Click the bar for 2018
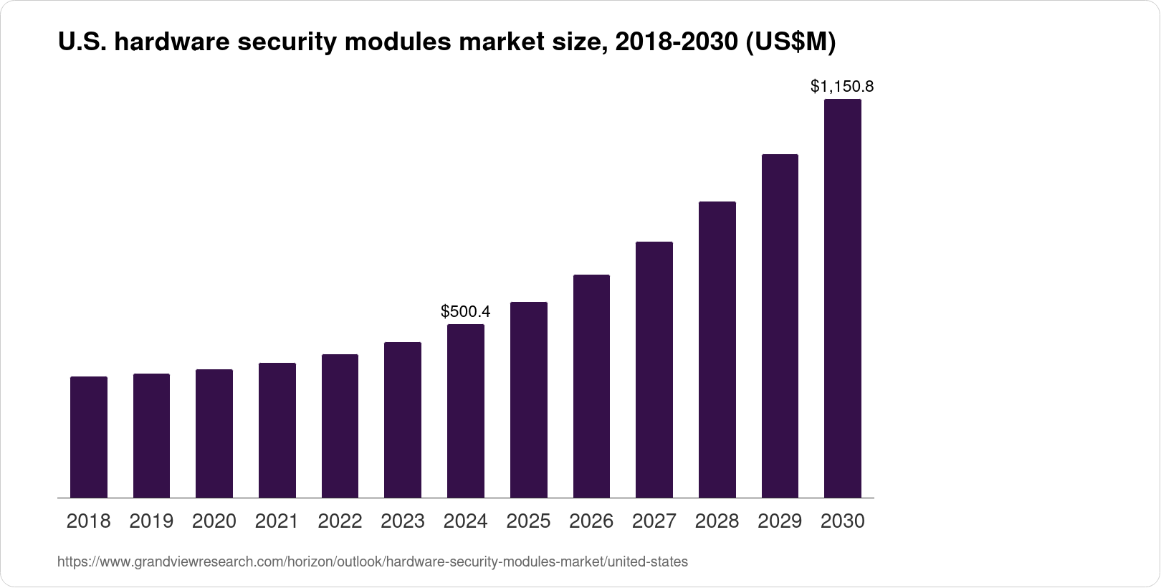(89, 437)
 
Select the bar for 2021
(277, 430)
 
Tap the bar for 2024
(466, 411)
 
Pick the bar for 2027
(654, 370)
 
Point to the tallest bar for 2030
(842, 298)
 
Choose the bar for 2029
(780, 326)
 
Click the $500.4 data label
(466, 311)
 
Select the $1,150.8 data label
(842, 87)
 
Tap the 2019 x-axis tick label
(151, 521)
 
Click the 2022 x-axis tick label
(340, 521)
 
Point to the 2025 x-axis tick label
(528, 521)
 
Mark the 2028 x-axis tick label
(717, 521)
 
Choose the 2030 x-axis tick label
(842, 521)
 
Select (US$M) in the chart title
(791, 43)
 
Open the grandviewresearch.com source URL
(372, 562)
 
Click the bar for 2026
(591, 387)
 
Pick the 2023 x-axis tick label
(403, 521)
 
